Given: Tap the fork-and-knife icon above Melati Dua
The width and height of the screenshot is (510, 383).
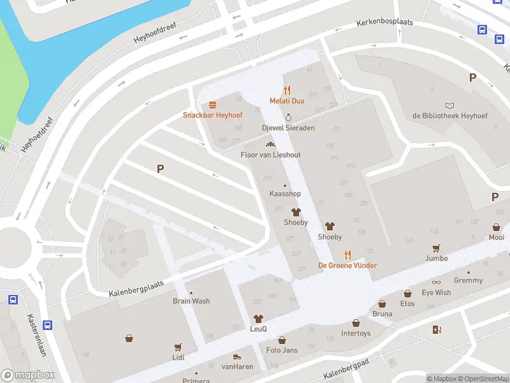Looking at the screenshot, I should coord(287,90).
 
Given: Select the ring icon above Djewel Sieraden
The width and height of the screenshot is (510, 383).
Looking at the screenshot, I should coord(288,117).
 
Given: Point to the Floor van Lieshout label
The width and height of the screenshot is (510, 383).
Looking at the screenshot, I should coord(270,155).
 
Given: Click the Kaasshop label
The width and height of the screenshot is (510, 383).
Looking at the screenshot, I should coord(285,193).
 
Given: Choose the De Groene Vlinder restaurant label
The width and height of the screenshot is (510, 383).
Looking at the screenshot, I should coord(347,266).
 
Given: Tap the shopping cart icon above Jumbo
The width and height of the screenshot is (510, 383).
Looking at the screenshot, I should coord(437,248).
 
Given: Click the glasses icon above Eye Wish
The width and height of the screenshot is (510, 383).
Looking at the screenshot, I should coord(436,282).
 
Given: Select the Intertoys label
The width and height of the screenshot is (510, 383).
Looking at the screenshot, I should coord(356,333).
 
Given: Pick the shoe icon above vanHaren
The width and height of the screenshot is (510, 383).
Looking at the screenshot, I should coord(237,357).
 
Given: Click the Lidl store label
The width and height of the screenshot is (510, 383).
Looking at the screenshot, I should coord(178,357).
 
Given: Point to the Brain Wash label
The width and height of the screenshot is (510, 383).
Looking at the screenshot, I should coord(191,301).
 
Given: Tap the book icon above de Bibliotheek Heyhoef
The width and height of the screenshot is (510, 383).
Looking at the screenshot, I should coord(450,105).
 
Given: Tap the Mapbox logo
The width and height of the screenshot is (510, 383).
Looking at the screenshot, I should coord(27,375).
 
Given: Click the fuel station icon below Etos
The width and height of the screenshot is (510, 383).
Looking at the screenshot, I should coord(437,329).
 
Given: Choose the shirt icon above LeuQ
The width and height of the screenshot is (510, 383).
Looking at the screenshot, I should coord(258,319).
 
